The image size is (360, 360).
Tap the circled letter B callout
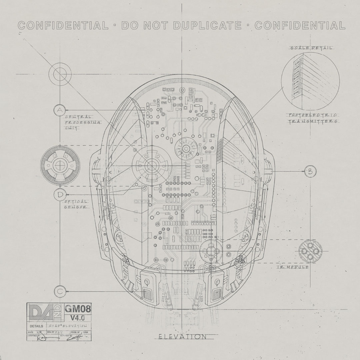(310, 172)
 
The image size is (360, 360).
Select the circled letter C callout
(60, 291)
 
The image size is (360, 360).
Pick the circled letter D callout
(60, 195)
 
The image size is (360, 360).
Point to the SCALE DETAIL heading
(310, 48)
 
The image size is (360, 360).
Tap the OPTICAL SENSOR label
(76, 204)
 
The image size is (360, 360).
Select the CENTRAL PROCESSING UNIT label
(78, 122)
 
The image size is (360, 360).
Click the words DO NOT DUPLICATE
(182, 25)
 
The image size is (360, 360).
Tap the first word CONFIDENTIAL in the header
(63, 25)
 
